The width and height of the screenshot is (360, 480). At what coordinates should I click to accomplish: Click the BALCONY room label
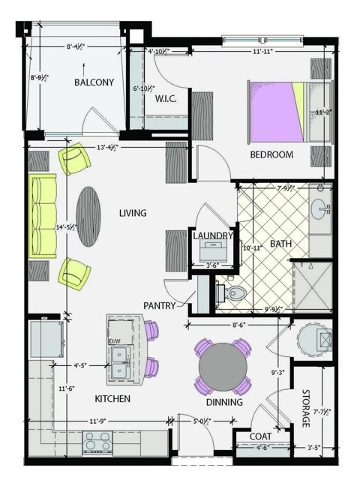[94, 82]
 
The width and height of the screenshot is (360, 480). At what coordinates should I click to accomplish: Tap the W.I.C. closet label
[165, 99]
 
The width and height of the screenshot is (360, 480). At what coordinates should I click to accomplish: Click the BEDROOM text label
[271, 155]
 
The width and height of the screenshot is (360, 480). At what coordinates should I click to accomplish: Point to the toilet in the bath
[235, 292]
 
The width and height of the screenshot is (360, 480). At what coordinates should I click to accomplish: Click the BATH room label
[281, 243]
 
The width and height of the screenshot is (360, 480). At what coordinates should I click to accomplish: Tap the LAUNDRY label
[214, 235]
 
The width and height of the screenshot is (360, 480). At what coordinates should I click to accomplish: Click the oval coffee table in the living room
[88, 216]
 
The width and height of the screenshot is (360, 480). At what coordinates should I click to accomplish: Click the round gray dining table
[223, 366]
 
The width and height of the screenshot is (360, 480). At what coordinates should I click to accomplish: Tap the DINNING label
[224, 403]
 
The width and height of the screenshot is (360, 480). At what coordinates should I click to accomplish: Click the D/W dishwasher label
[115, 341]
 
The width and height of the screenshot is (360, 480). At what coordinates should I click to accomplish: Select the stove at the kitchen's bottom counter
[97, 443]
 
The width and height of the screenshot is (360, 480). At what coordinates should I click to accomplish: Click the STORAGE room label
[305, 408]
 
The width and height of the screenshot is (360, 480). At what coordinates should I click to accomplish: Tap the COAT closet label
[248, 437]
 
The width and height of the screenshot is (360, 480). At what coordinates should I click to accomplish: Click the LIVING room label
[133, 213]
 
